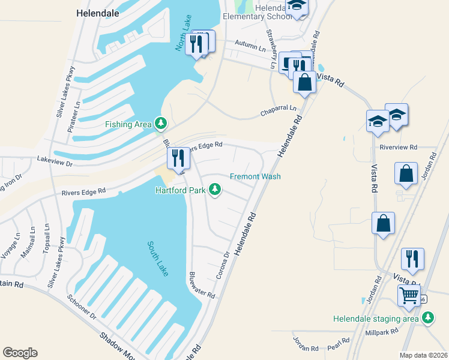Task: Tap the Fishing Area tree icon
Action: [x=160, y=124]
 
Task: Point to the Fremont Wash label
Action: [x=255, y=176]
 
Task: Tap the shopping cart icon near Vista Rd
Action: [x=409, y=295]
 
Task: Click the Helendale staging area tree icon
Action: [x=429, y=319]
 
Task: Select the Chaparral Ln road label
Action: [x=278, y=111]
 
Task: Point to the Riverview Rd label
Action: [x=398, y=147]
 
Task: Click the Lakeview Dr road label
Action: [x=55, y=163]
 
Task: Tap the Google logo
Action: [x=20, y=353]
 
